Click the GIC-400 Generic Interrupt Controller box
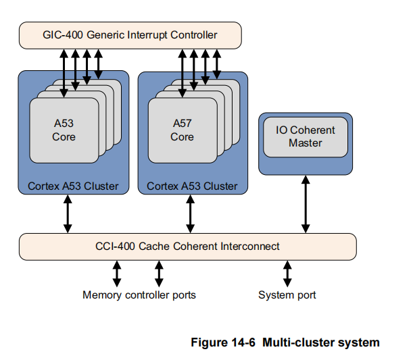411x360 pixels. pos(130,35)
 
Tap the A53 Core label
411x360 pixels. pos(64,130)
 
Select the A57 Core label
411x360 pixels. pos(183,130)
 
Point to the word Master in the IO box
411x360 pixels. pos(306,143)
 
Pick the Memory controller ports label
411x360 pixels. pos(139,295)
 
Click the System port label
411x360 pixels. pos(287,295)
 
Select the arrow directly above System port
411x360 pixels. pos(287,274)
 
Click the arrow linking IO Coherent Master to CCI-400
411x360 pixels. pos(306,204)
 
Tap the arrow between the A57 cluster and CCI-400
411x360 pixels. pos(191,215)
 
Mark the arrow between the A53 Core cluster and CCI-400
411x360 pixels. pos(68,215)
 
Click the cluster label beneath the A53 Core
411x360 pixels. pos(73,186)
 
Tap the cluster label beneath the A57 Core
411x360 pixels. pos(192,186)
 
